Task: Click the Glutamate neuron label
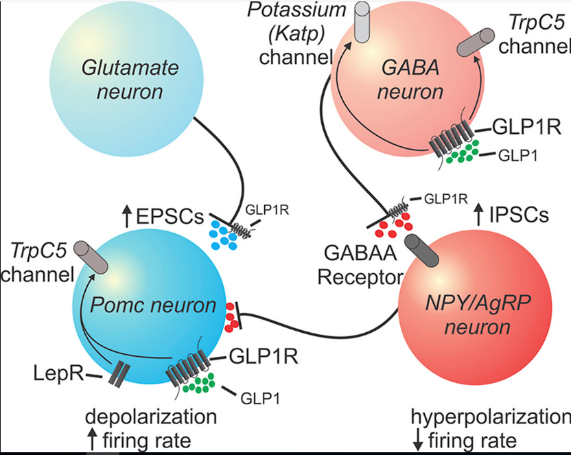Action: (x=130, y=78)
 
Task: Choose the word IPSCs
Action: (x=520, y=215)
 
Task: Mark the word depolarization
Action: (x=151, y=417)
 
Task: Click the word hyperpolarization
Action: (x=490, y=417)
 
